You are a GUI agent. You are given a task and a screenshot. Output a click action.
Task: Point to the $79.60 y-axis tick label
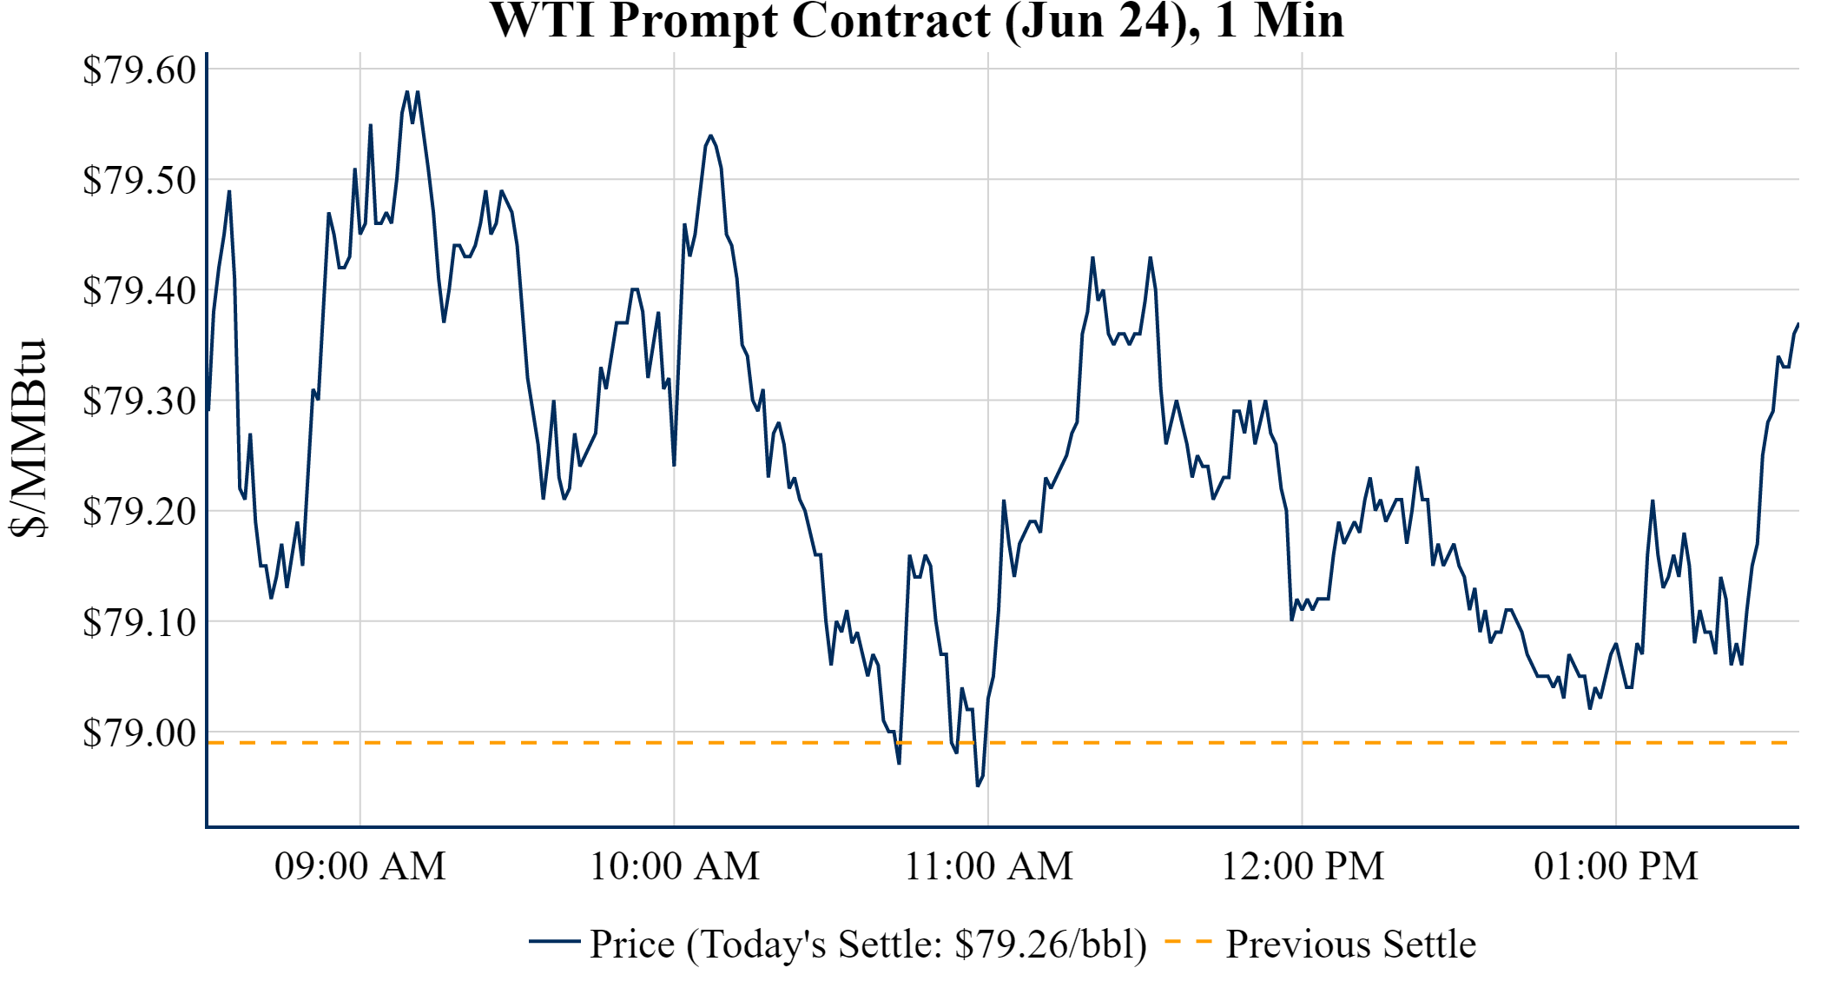[x=140, y=70]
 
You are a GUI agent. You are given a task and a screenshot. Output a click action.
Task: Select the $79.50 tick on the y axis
[x=140, y=181]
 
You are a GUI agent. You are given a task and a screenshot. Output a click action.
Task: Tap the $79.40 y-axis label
[x=140, y=291]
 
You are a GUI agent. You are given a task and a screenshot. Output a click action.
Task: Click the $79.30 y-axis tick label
[x=140, y=401]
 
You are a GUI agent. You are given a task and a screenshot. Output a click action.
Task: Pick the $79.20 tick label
[x=140, y=512]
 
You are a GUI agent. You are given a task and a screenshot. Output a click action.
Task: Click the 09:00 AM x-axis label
[x=360, y=866]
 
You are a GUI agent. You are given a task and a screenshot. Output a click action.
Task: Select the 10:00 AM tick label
[x=675, y=866]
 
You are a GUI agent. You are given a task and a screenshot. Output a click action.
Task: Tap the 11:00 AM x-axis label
[x=989, y=866]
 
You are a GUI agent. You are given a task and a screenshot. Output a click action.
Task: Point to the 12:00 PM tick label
[x=1303, y=866]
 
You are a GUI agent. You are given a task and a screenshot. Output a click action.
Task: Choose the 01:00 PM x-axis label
[x=1616, y=866]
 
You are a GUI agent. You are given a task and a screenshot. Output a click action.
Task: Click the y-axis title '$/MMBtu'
[x=29, y=439]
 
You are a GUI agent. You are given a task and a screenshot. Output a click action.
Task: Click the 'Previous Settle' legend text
[x=1350, y=945]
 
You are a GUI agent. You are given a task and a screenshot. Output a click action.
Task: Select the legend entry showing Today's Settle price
[x=868, y=945]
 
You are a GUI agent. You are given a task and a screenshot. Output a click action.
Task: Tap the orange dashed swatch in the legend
[x=1188, y=942]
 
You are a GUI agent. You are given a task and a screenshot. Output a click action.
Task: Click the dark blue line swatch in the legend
[x=554, y=942]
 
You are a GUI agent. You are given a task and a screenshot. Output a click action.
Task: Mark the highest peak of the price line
[x=406, y=91]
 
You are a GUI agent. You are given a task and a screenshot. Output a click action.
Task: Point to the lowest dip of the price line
[x=978, y=786]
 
